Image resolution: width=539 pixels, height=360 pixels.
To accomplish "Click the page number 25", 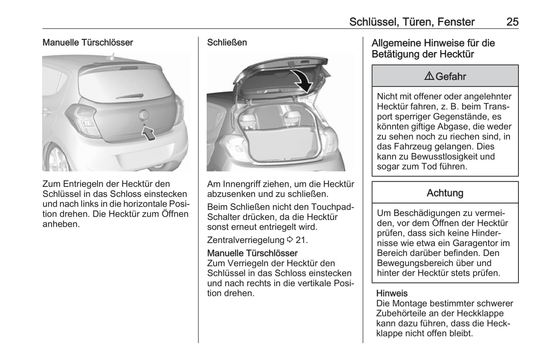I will tap(512, 22).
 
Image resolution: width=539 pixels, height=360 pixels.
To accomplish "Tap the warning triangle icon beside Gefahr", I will tap(429, 76).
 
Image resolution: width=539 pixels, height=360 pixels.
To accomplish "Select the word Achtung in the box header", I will tap(445, 193).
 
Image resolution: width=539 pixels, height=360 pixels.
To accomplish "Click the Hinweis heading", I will tap(392, 293).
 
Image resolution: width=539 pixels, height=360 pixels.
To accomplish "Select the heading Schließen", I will tap(227, 43).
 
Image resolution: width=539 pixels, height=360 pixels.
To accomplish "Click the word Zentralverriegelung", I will tap(246, 240).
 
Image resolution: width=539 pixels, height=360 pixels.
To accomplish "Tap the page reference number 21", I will tap(301, 240).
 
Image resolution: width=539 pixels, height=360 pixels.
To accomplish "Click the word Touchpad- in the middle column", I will tap(333, 207).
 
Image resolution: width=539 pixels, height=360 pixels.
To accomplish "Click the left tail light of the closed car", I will tap(83, 116).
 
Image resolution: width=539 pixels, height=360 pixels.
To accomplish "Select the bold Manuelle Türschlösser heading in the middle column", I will tap(253, 253).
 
